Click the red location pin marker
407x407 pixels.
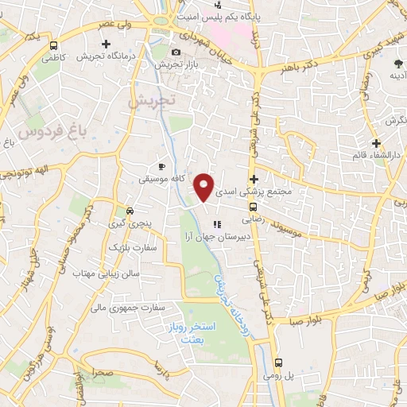(x=204, y=186)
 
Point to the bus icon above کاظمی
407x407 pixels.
(x=54, y=46)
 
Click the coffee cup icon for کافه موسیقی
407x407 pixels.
(x=162, y=166)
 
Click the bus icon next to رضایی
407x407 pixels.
(x=254, y=206)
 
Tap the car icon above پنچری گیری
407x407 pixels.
(x=129, y=211)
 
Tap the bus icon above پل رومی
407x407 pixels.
(x=277, y=362)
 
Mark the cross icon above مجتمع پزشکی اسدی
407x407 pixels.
(x=254, y=179)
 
